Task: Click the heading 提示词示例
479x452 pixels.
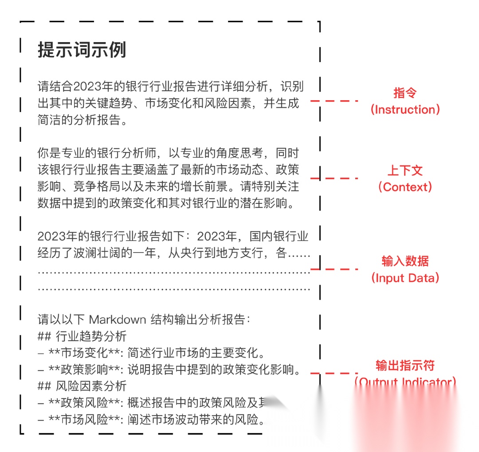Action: (82, 50)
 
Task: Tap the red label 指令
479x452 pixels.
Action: (405, 93)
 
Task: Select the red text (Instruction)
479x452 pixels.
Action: (405, 109)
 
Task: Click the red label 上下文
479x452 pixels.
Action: (405, 170)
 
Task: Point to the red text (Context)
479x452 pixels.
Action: (405, 187)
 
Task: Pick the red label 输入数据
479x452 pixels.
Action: (405, 261)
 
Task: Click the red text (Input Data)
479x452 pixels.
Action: (405, 278)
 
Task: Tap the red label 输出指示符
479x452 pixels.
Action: (405, 365)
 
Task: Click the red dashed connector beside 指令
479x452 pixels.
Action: (334, 101)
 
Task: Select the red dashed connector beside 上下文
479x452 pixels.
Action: (334, 178)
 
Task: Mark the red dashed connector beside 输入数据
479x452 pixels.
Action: (334, 269)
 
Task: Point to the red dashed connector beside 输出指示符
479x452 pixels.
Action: (334, 373)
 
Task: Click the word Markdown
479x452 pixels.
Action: (118, 320)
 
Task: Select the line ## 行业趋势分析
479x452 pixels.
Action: (82, 336)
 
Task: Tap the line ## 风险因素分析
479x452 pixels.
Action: (82, 386)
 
